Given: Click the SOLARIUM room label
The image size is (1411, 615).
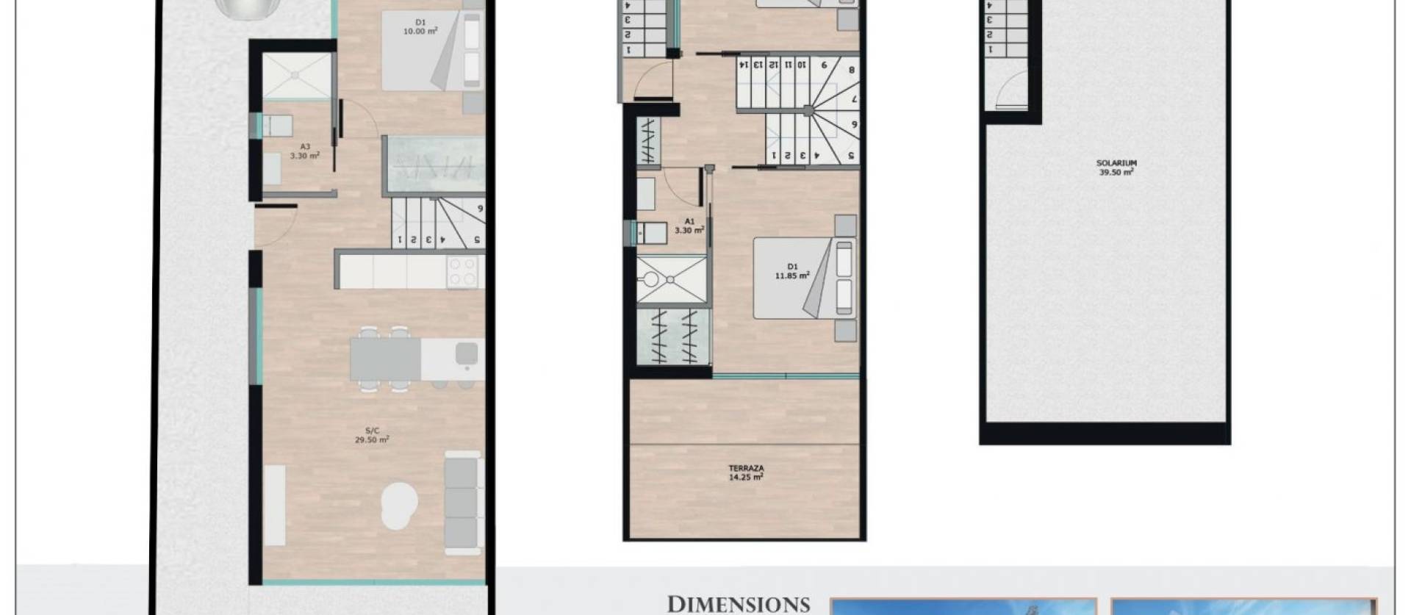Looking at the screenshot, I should [1116, 168].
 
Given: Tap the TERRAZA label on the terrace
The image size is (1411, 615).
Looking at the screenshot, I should [745, 472].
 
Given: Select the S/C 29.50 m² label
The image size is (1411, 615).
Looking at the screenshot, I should [371, 436].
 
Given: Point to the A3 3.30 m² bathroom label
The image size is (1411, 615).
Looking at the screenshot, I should [304, 151].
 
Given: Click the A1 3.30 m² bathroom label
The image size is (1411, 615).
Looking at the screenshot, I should [689, 226].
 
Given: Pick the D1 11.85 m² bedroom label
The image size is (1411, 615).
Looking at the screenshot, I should [791, 271].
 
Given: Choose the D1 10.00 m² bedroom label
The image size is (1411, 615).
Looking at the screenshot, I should [420, 27].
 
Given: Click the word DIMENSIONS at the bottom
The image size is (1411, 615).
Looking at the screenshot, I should [738, 604].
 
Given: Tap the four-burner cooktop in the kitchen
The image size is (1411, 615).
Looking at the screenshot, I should [463, 272].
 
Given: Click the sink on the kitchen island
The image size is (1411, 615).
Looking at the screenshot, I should [467, 354].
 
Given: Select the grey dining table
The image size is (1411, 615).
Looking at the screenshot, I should [385, 359].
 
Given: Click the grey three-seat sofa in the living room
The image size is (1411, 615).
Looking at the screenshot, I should [464, 503].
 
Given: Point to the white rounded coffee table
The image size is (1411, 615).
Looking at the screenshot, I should [400, 506].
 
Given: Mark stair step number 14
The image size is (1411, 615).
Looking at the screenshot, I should [744, 65].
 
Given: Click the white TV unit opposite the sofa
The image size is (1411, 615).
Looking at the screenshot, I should [275, 505].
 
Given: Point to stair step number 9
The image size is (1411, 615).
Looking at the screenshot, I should [825, 65].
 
